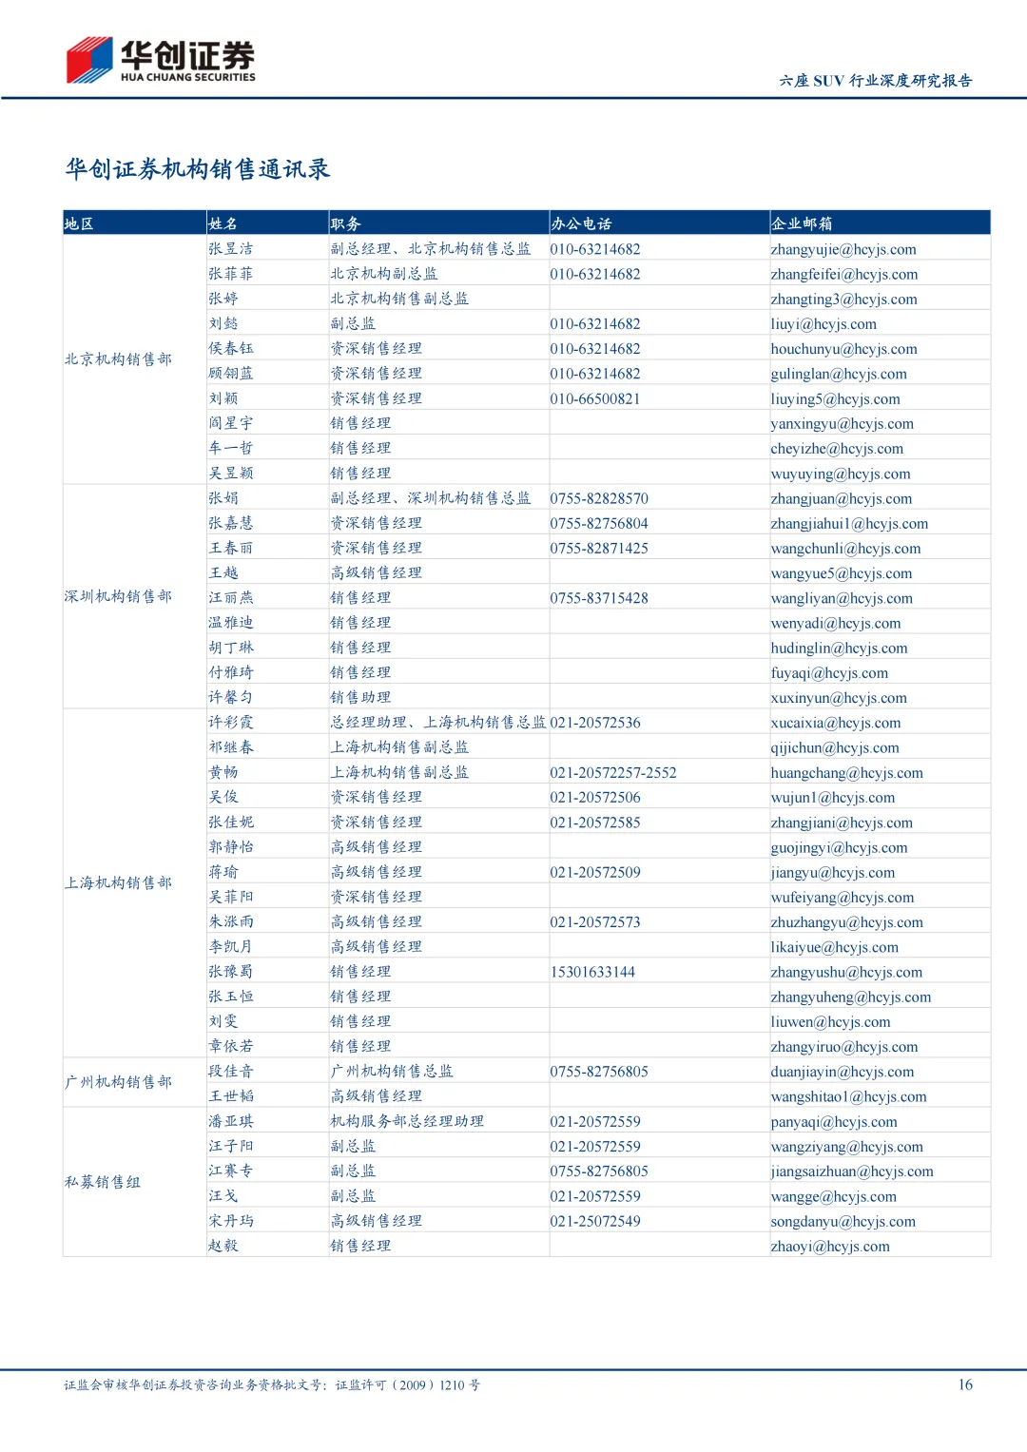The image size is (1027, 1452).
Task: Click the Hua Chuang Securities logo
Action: [161, 60]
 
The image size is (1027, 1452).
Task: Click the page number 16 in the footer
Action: [965, 1384]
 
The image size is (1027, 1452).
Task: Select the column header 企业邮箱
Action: [802, 223]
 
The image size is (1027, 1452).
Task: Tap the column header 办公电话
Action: [581, 223]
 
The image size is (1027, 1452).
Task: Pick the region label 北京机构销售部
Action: [119, 359]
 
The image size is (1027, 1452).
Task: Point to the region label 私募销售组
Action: [103, 1182]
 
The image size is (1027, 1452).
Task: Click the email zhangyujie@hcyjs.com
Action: [843, 249]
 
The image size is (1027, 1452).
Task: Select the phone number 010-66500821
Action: [595, 399]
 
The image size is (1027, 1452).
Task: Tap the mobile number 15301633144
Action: [592, 972]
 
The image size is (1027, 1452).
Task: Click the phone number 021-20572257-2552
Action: [613, 773]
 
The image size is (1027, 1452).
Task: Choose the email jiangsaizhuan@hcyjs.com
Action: [852, 1171]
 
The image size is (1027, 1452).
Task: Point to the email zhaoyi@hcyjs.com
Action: [830, 1247]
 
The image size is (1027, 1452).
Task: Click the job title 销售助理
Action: [360, 698]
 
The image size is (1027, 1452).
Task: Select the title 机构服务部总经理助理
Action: [407, 1121]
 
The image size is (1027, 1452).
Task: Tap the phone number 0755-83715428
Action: [599, 598]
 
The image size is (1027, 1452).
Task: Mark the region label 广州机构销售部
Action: [119, 1082]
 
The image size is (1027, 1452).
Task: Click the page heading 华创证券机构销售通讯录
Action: [198, 169]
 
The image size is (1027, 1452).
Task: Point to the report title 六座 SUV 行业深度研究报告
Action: [876, 81]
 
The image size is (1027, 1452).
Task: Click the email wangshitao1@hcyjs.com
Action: [848, 1096]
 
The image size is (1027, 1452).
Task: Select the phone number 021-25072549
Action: [595, 1221]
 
